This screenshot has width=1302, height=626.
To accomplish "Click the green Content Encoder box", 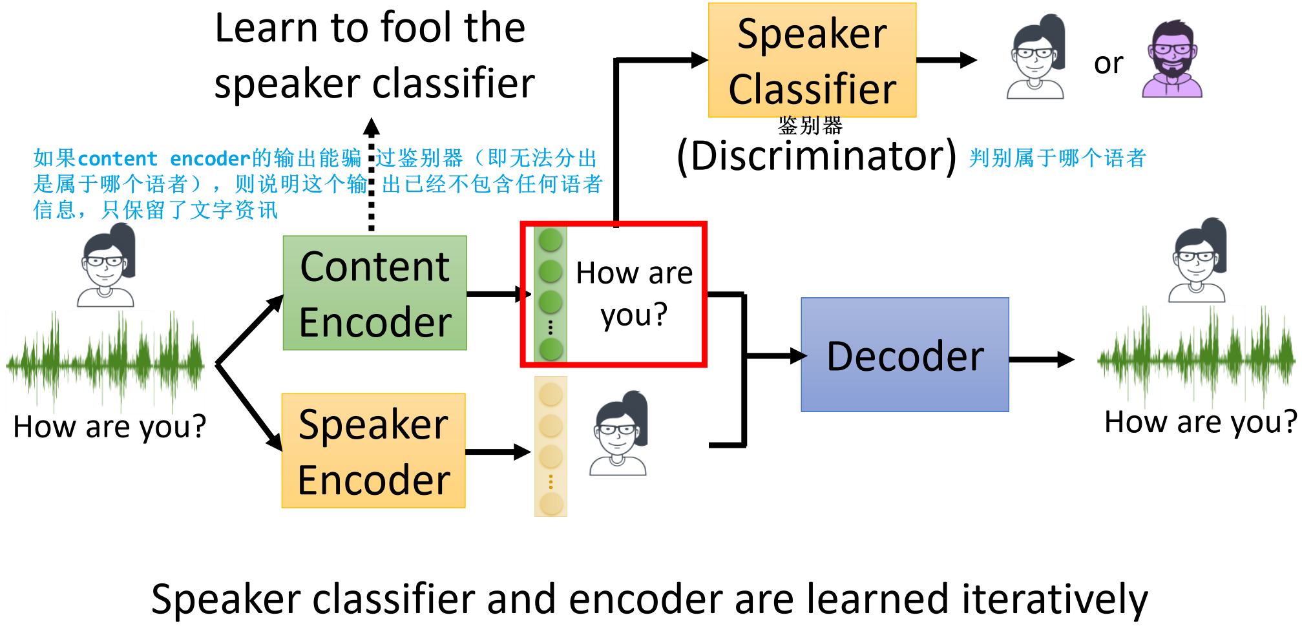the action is click(x=375, y=293).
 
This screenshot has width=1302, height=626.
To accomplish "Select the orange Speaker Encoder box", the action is click(x=373, y=450).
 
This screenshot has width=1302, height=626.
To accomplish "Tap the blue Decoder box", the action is click(x=905, y=355).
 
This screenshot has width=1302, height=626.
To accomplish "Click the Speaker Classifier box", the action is click(x=812, y=60).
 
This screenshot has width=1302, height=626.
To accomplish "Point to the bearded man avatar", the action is click(x=1172, y=59).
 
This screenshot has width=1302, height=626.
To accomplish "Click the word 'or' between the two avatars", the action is click(x=1108, y=63).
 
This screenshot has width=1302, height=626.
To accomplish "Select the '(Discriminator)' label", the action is click(x=817, y=156).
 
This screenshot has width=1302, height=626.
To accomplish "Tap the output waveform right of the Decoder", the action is click(x=1197, y=357).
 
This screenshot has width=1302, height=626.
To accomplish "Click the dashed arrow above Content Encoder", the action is click(x=371, y=174).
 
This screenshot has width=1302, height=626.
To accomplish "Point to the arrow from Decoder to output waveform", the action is click(x=1042, y=360).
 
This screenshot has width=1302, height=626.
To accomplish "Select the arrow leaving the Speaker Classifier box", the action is click(x=947, y=60).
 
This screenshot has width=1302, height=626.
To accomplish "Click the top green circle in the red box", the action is click(x=551, y=240).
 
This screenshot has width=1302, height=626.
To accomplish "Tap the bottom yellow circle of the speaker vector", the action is click(x=551, y=504).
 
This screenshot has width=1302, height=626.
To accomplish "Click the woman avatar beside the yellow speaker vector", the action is click(x=618, y=433).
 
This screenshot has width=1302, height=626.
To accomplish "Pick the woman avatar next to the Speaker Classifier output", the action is click(x=1036, y=57).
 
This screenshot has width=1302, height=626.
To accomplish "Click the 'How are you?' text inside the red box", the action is click(x=634, y=294).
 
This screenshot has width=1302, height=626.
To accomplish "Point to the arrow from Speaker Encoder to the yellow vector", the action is click(x=498, y=452).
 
